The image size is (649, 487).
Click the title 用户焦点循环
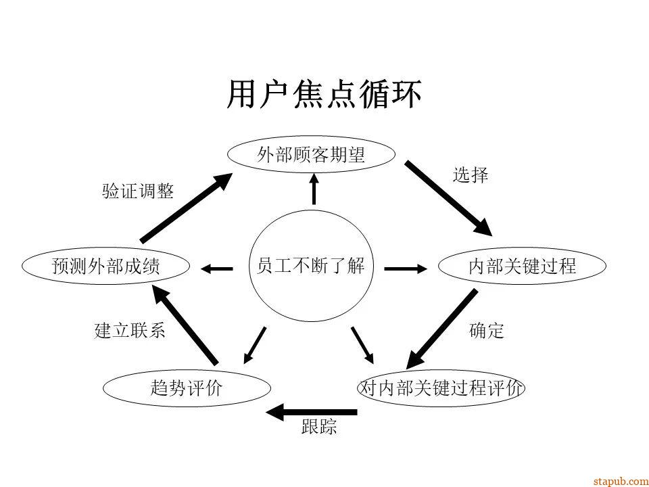324,95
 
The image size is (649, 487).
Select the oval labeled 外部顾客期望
311,156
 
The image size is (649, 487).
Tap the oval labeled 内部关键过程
522,266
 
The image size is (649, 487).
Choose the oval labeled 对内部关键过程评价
441,388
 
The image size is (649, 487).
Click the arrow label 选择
471,176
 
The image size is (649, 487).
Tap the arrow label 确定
487,331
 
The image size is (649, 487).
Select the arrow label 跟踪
319,427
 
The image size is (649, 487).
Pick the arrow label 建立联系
130,331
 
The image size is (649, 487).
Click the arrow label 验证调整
138,191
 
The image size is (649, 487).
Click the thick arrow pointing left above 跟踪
311,411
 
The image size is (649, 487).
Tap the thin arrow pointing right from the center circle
406,269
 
